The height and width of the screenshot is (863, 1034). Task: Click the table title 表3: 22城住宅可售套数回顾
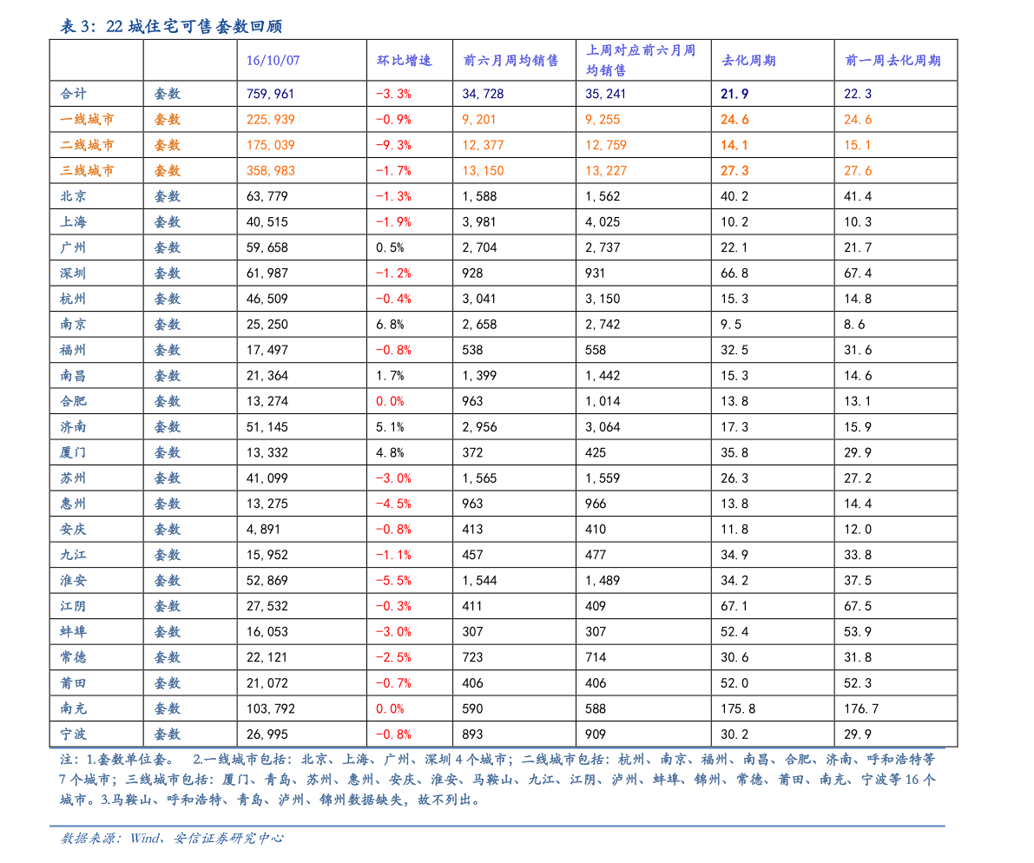point(171,26)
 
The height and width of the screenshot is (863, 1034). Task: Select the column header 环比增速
point(405,61)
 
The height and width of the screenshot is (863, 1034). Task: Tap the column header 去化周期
point(748,61)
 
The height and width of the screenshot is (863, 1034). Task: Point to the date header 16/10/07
point(273,61)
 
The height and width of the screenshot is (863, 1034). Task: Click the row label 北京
point(73,196)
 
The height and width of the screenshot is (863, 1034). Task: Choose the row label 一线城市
point(87,119)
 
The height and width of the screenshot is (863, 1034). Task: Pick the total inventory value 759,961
point(270,94)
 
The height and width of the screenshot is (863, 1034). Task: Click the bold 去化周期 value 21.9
point(734,94)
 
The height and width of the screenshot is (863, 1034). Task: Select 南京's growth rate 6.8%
point(390,325)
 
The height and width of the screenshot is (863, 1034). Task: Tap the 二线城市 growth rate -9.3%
point(393,145)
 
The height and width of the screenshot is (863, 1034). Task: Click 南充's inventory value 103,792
point(270,708)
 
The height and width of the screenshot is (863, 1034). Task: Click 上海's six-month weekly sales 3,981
point(478,222)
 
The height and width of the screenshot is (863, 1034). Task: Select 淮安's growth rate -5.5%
point(393,581)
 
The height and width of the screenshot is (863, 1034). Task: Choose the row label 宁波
point(73,735)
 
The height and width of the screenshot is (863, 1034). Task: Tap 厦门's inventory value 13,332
point(267,453)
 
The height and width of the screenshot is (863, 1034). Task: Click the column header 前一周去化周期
point(892,61)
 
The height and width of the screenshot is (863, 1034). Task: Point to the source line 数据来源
point(172,838)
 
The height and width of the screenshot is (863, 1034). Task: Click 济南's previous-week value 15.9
point(858,427)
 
